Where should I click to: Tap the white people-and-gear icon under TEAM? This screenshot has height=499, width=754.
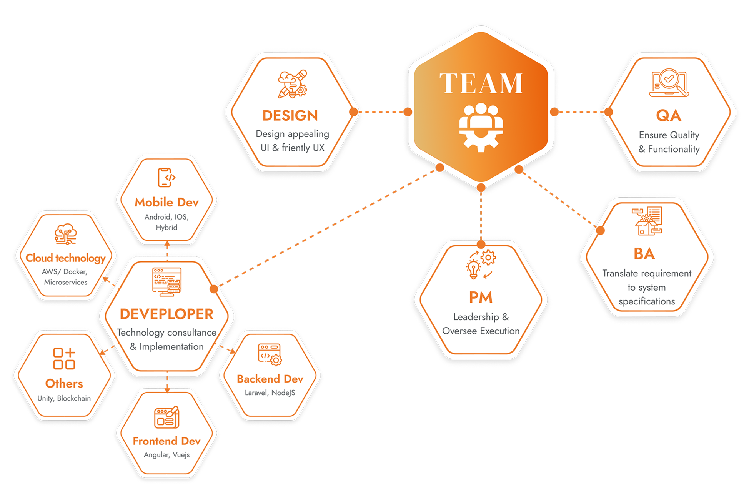481,127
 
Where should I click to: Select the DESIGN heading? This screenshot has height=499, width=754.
290,116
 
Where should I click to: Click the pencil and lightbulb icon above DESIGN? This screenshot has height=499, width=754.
293,84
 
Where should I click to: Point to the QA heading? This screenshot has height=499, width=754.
669,116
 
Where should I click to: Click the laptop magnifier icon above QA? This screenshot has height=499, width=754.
669,82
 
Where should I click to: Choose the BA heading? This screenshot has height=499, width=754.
644,254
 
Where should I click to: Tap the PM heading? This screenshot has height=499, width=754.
481,298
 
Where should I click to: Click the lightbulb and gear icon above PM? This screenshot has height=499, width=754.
481,264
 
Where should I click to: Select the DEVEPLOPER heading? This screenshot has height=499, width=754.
166,314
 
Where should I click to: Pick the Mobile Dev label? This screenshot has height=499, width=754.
166,202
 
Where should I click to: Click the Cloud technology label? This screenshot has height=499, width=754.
65,258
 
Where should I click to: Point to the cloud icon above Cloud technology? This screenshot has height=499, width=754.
65,234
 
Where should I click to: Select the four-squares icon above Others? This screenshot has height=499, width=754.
64,358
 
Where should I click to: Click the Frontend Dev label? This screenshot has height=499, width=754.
166,441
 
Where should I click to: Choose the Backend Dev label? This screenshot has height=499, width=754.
270,379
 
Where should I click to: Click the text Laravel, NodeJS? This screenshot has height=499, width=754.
270,393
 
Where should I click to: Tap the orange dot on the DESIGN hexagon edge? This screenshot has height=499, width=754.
354,112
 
